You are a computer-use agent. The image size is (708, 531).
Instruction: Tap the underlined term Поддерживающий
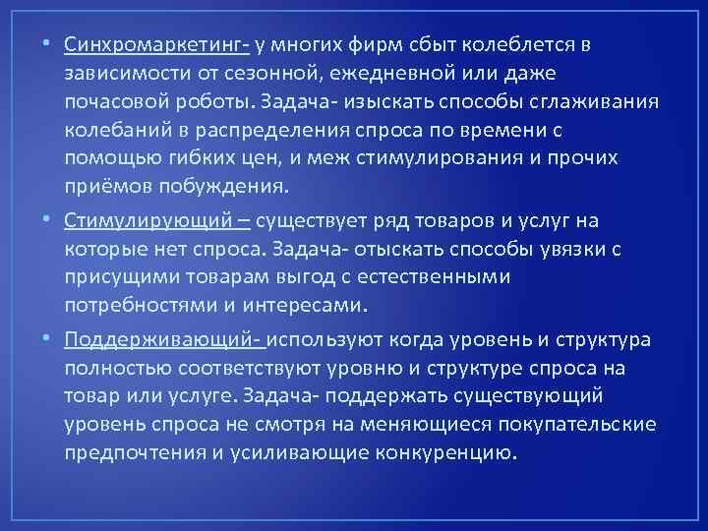[x=158, y=339]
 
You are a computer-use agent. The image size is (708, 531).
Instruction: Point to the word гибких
[x=206, y=159]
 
